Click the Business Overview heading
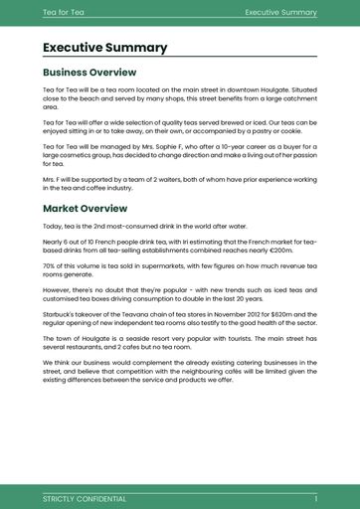[90, 73]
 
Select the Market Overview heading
[86, 209]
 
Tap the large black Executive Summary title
[105, 48]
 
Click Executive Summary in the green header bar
[281, 11]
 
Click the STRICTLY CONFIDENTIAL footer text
[85, 497]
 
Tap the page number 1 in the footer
[315, 497]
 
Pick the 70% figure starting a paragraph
[50, 266]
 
